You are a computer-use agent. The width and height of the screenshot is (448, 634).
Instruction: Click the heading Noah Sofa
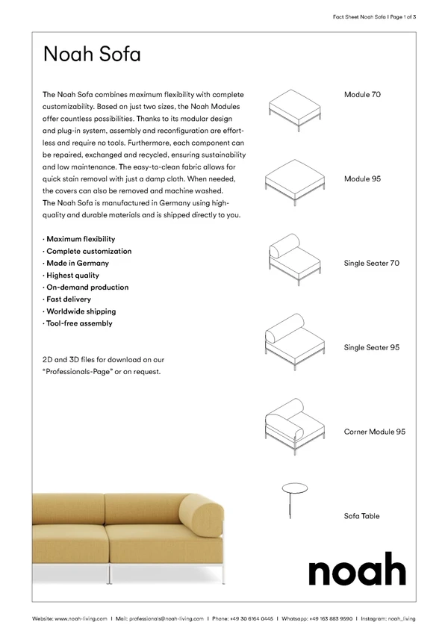tap(92, 55)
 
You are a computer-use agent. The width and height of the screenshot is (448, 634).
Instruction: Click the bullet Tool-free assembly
tap(79, 323)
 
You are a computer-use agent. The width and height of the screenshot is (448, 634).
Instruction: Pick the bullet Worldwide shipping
tap(81, 311)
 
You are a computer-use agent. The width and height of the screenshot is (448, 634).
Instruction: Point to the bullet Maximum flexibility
tap(81, 239)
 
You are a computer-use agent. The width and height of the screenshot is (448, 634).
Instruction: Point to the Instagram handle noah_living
tap(402, 618)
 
